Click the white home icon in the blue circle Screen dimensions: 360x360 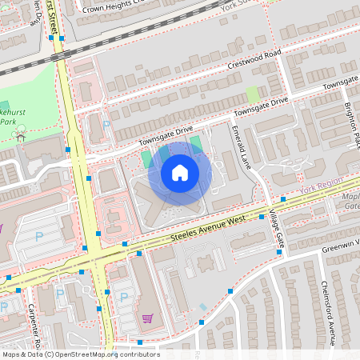tap(180, 173)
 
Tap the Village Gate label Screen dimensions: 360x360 tap(277, 229)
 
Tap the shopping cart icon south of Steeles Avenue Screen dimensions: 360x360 tap(147, 318)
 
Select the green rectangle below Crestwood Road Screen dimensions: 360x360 tap(254, 94)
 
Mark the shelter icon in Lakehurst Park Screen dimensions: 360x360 tap(20, 136)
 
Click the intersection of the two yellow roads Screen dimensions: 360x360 tap(94, 258)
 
